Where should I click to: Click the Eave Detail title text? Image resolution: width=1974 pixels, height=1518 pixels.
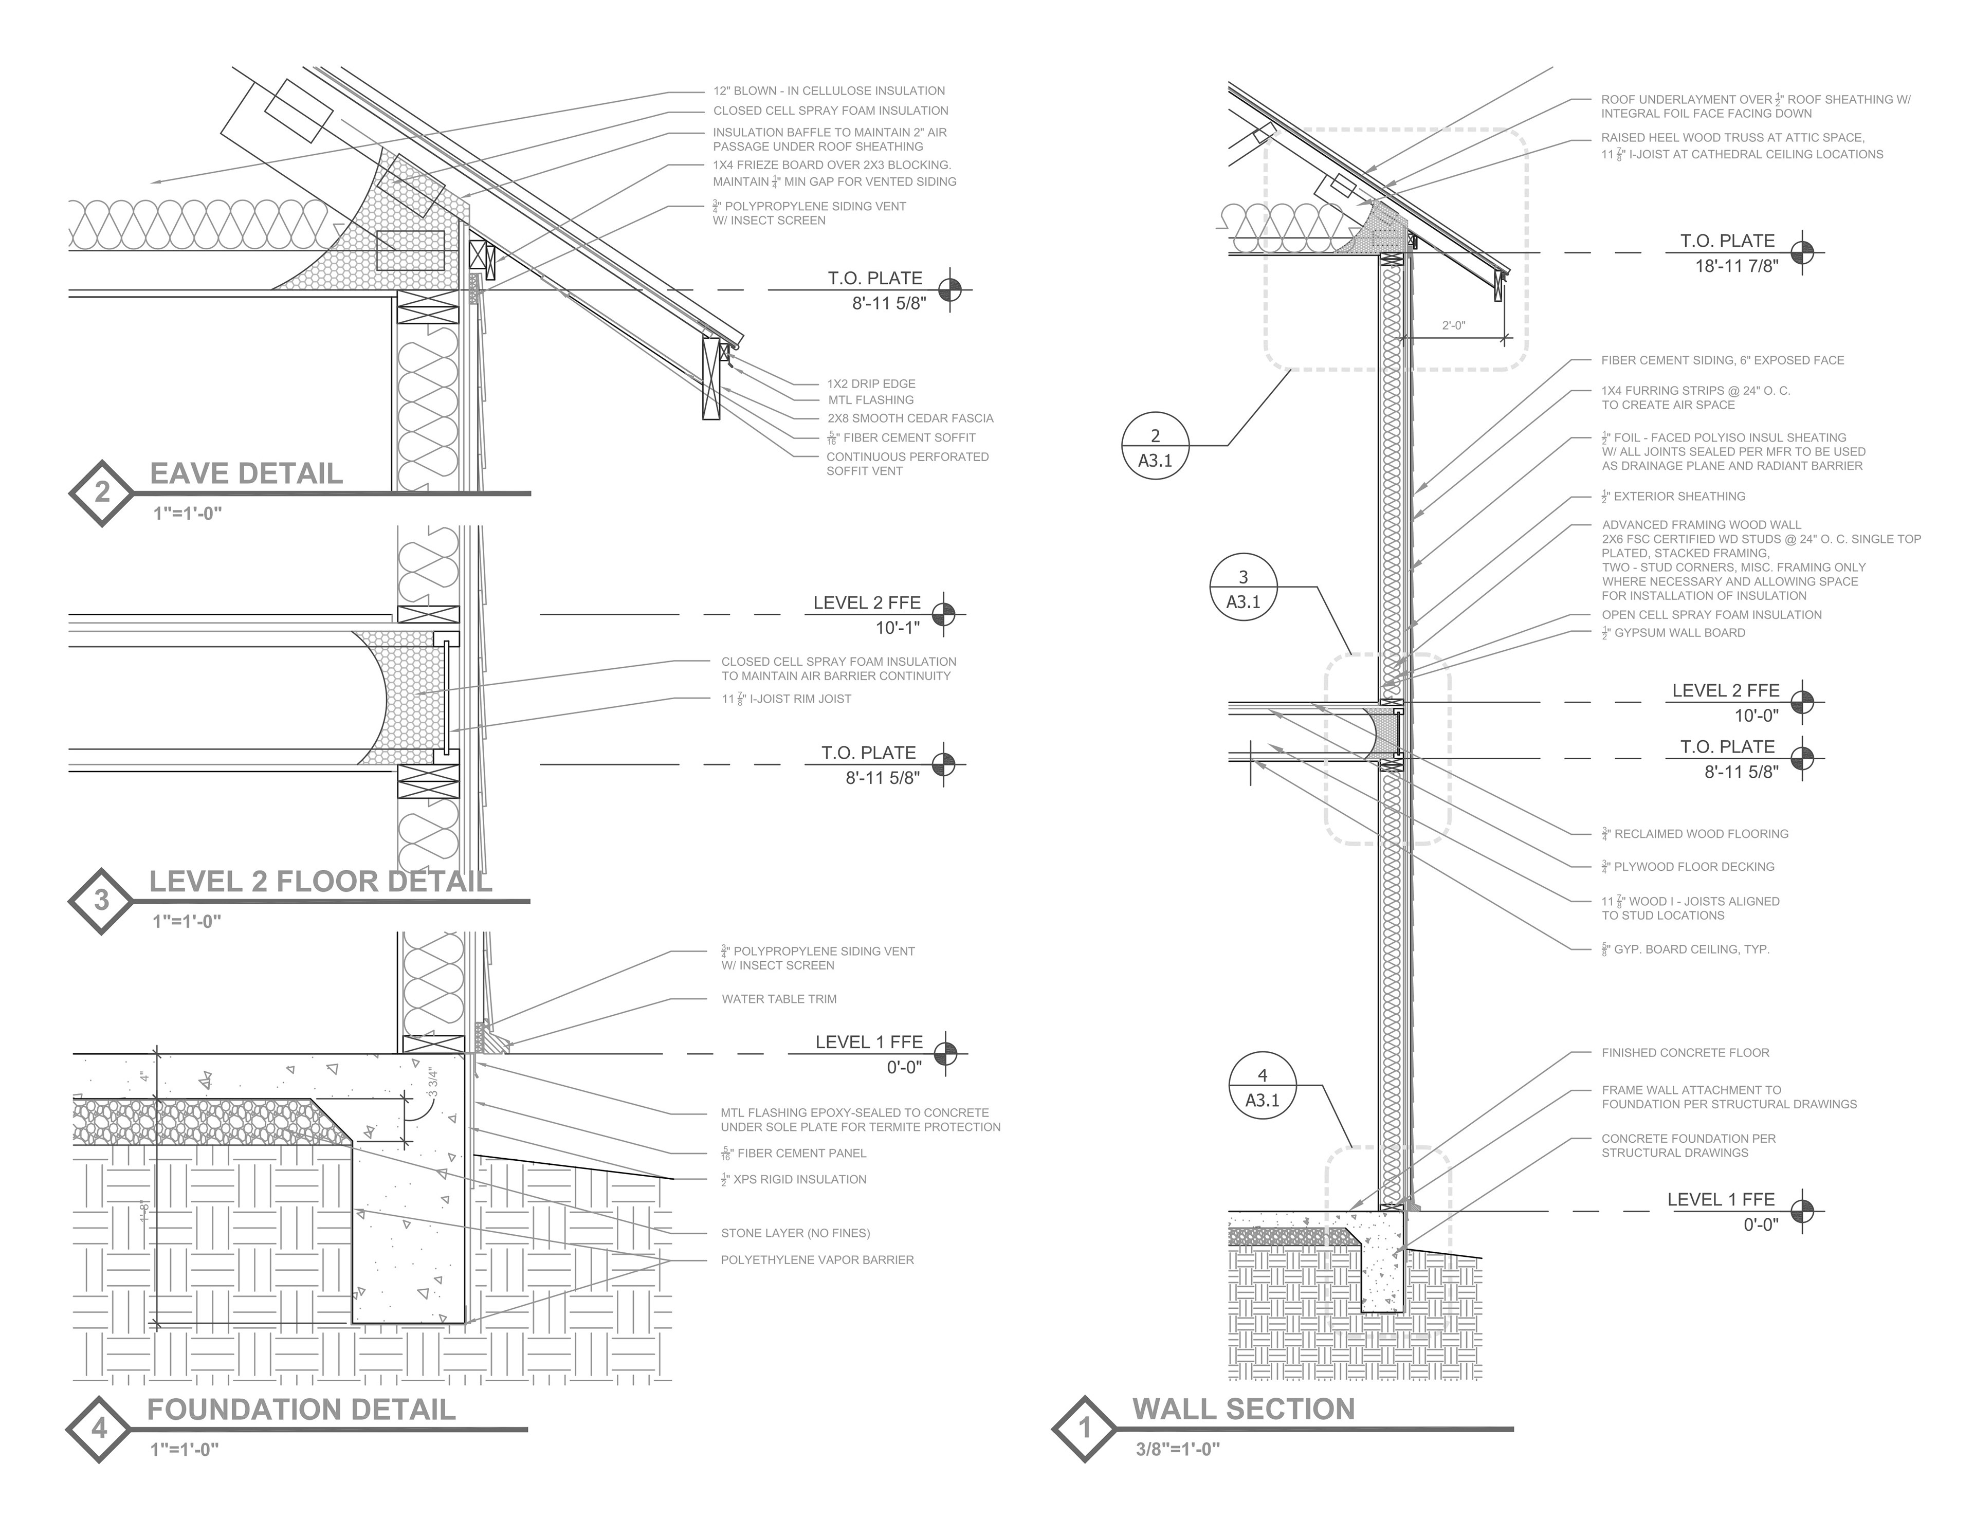click(246, 473)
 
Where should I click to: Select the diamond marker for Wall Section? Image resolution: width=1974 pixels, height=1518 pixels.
click(1085, 1429)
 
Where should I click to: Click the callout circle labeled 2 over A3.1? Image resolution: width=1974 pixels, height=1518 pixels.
click(1155, 449)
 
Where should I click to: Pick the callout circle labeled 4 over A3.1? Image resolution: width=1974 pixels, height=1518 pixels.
click(1262, 1088)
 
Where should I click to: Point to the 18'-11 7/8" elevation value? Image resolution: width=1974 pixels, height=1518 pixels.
click(1737, 266)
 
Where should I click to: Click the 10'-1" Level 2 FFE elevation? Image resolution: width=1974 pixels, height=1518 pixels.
click(897, 627)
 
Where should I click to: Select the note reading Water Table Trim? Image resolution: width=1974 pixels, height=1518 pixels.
click(779, 998)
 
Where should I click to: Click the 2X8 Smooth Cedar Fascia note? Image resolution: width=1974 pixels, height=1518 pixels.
click(910, 418)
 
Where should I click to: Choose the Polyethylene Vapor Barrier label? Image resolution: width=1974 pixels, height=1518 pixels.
click(817, 1259)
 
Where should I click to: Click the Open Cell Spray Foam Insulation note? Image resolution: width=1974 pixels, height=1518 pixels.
click(1711, 614)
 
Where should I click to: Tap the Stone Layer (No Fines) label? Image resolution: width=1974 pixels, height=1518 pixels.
click(795, 1233)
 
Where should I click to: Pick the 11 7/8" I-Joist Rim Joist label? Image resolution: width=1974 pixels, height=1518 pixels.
click(786, 699)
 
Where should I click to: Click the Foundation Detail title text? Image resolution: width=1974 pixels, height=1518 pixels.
click(301, 1410)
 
